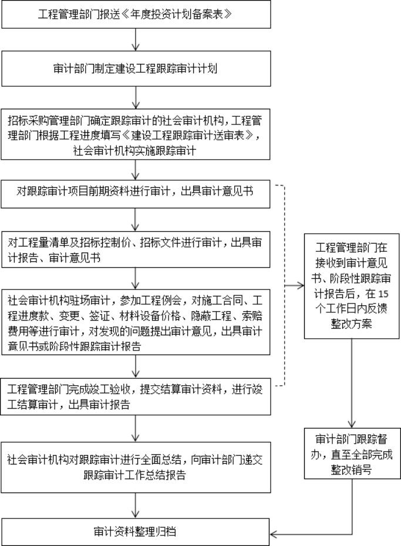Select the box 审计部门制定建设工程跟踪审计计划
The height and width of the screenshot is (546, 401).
tap(136, 68)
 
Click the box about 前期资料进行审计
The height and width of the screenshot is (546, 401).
tap(136, 191)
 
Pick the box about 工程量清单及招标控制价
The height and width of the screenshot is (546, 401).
tap(136, 249)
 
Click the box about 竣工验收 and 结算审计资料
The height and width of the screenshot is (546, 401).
tap(136, 396)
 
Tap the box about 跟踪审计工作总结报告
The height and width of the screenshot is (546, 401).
tap(136, 467)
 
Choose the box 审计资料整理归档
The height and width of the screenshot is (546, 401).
tap(136, 532)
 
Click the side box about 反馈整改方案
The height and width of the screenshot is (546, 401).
tap(352, 284)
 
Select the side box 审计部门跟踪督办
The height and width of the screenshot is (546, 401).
tap(352, 454)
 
